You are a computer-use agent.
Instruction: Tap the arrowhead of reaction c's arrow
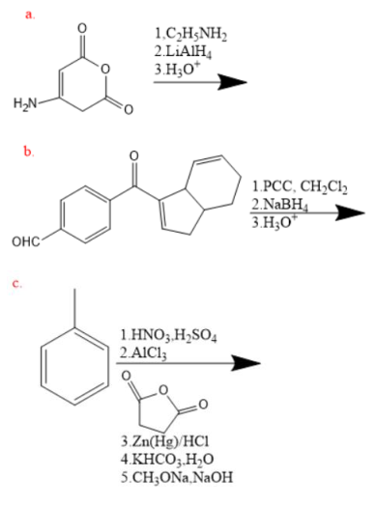point(250,363)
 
